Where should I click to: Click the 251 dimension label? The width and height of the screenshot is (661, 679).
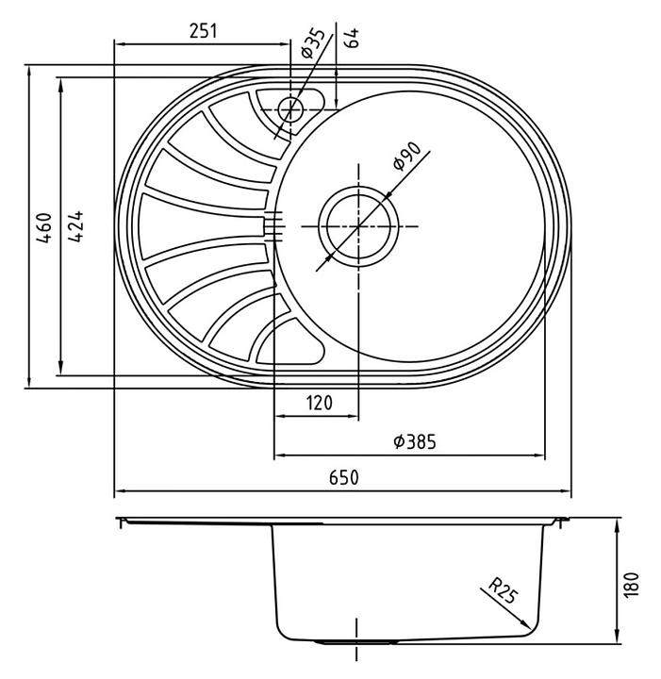click(x=203, y=31)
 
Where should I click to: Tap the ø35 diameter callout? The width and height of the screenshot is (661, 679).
click(x=313, y=43)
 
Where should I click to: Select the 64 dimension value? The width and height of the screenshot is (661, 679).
click(x=353, y=38)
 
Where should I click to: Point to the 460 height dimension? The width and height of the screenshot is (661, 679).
click(x=44, y=227)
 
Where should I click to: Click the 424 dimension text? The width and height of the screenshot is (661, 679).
click(x=75, y=226)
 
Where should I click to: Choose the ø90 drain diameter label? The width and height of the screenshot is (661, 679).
click(x=406, y=157)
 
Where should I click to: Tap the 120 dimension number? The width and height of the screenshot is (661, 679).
click(x=320, y=403)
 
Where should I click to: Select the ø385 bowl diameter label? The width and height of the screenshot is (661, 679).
click(x=415, y=441)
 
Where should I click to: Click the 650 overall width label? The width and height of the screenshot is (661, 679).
click(x=344, y=477)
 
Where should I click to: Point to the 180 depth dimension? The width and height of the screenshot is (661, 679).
click(x=632, y=585)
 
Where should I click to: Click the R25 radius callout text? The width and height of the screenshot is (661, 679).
click(x=503, y=590)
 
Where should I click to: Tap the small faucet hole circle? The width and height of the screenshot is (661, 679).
click(x=290, y=109)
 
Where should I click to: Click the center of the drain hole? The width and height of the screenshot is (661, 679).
click(x=358, y=226)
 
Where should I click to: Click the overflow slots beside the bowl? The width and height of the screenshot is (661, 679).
click(x=273, y=226)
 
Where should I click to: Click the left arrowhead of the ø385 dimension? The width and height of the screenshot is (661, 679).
click(x=280, y=455)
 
